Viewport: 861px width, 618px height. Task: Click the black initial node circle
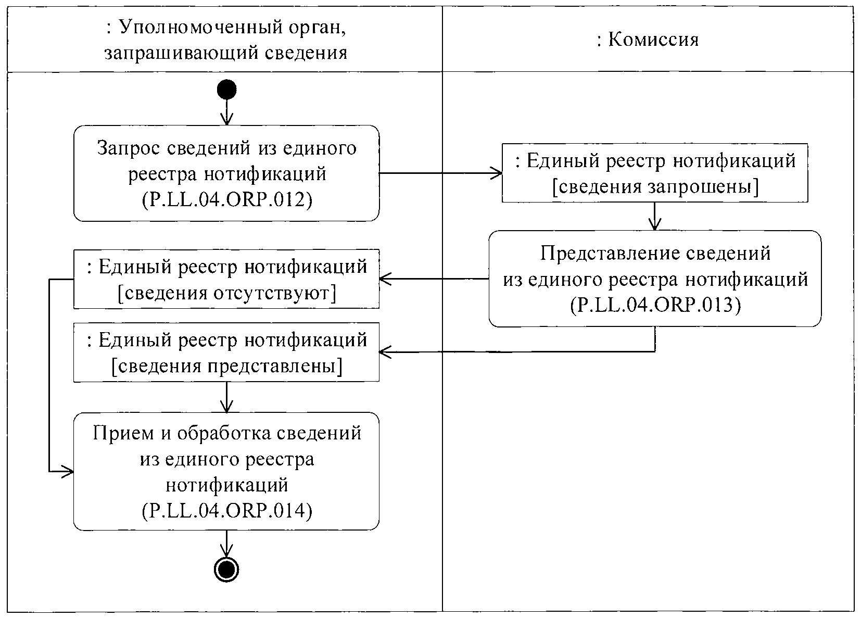tap(226, 90)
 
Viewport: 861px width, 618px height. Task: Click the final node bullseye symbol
tap(226, 571)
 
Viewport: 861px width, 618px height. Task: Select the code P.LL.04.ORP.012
tap(226, 200)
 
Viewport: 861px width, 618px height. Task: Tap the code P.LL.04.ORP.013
tap(655, 305)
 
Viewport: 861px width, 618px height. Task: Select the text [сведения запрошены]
tap(655, 186)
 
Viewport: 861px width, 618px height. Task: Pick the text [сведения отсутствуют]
tap(226, 293)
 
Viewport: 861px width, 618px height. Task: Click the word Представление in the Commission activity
tap(599, 254)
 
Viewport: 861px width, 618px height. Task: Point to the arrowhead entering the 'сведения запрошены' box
tap(498, 173)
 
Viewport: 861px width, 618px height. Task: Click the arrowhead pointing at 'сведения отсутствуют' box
tap(384, 279)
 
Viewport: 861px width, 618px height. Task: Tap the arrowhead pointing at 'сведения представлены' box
tap(384, 352)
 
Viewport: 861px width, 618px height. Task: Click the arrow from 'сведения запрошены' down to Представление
tap(655, 216)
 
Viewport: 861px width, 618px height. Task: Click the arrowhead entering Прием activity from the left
tap(69, 472)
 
